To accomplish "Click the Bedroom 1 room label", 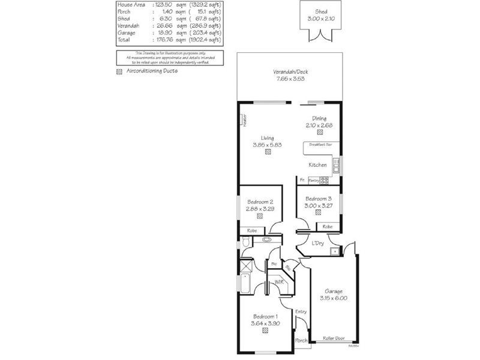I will tap(265, 316).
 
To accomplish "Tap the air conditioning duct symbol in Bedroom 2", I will tap(260, 216).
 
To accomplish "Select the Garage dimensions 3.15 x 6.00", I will tap(334, 298).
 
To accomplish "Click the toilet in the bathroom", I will tap(246, 242).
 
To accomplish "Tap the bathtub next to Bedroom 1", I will tap(246, 283).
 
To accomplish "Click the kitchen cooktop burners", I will tap(324, 180).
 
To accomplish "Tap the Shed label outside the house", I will tap(321, 12).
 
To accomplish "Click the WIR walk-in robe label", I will tap(278, 281).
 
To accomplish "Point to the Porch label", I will tap(301, 341).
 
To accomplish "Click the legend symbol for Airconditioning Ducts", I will tap(119, 71).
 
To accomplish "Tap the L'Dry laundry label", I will tap(318, 243).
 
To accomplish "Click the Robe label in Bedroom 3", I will tap(327, 226).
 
